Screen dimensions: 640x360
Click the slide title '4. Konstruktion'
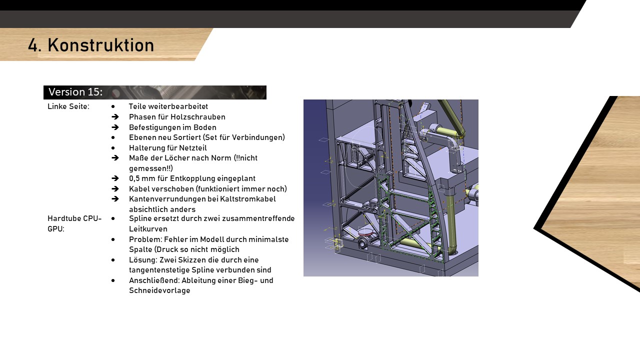click(91, 45)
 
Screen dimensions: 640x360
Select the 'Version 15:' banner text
click(75, 92)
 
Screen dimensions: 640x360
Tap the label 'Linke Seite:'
click(68, 106)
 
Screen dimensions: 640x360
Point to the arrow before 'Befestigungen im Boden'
click(115, 127)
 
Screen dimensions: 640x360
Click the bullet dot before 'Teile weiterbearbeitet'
click(113, 106)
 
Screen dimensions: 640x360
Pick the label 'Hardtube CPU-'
click(74, 218)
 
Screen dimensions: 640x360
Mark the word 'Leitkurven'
click(148, 229)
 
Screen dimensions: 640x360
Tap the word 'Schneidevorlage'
click(159, 290)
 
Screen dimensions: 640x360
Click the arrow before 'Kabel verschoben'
click(115, 189)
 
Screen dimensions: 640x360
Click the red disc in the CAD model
click(365, 231)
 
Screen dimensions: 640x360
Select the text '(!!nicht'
click(245, 158)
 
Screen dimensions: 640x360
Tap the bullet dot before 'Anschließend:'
click(113, 280)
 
